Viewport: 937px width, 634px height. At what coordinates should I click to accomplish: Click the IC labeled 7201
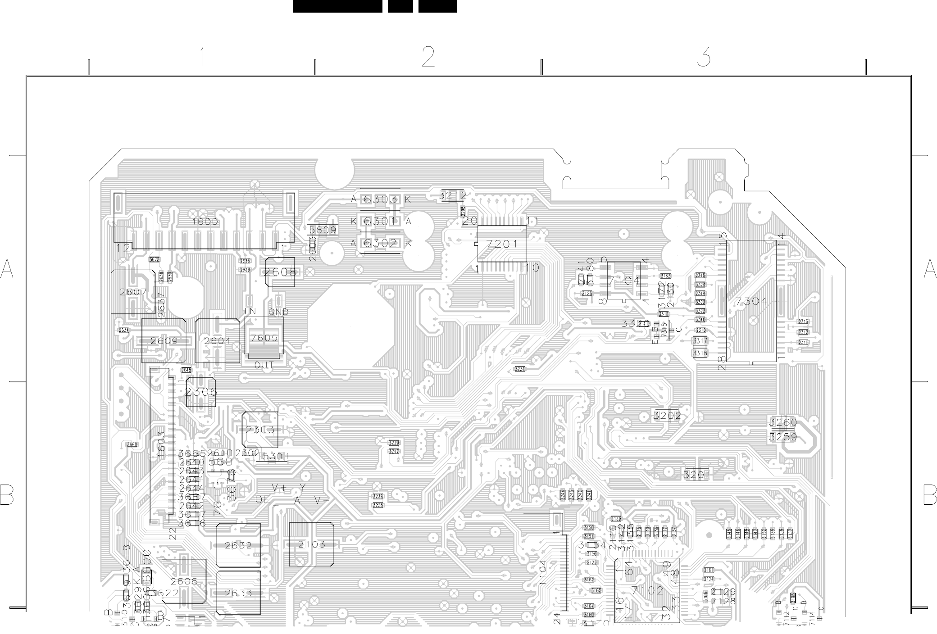[501, 244]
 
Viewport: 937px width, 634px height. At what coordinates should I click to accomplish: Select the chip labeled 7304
[751, 301]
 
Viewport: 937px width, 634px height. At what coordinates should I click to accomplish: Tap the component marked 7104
[624, 281]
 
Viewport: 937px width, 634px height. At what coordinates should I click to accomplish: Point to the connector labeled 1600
[205, 222]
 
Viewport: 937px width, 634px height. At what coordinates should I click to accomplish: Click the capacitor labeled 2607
[133, 292]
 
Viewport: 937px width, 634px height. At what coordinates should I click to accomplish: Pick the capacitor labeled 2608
[280, 272]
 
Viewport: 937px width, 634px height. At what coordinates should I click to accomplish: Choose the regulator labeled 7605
[264, 338]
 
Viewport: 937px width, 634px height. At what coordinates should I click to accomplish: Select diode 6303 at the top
[380, 199]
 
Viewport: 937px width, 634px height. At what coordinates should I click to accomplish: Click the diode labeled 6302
[380, 243]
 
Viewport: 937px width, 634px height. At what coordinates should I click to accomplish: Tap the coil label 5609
[323, 230]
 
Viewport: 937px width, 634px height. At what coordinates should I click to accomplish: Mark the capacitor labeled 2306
[200, 392]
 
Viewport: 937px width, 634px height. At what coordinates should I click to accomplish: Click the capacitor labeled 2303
[260, 429]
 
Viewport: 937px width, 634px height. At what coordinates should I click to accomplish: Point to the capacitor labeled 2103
[311, 544]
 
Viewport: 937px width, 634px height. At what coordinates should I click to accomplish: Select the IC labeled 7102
[647, 590]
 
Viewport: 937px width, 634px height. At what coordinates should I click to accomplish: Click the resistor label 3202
[667, 416]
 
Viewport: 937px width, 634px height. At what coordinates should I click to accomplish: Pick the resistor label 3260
[783, 422]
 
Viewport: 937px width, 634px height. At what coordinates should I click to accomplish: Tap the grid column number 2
[428, 57]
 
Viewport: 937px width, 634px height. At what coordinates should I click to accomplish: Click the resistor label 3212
[453, 195]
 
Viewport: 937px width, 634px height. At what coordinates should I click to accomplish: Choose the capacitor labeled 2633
[238, 593]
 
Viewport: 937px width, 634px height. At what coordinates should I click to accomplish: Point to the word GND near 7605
[278, 312]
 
